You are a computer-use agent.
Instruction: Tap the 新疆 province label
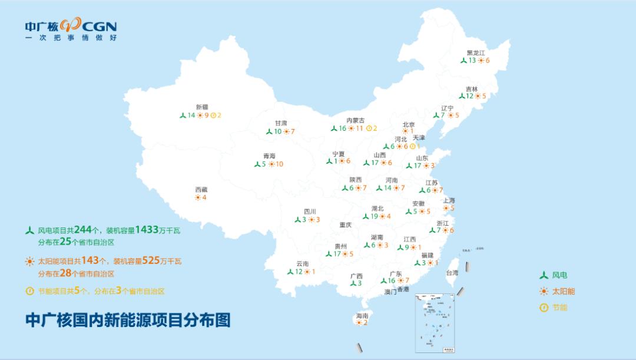202,107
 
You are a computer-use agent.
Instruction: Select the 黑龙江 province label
476,52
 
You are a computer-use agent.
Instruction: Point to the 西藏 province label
201,190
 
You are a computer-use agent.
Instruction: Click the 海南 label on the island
362,316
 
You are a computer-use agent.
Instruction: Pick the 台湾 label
452,273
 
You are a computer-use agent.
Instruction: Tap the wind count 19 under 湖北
374,216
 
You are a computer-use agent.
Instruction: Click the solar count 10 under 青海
279,164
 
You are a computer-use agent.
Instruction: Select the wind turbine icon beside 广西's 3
353,283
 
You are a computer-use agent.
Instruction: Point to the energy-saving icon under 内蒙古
369,128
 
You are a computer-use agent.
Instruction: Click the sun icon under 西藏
197,198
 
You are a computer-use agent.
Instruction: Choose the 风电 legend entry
554,275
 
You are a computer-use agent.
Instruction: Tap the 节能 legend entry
554,307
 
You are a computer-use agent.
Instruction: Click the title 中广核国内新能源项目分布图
128,320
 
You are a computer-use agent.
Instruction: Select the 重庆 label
345,225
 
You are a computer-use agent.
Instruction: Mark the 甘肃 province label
281,123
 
